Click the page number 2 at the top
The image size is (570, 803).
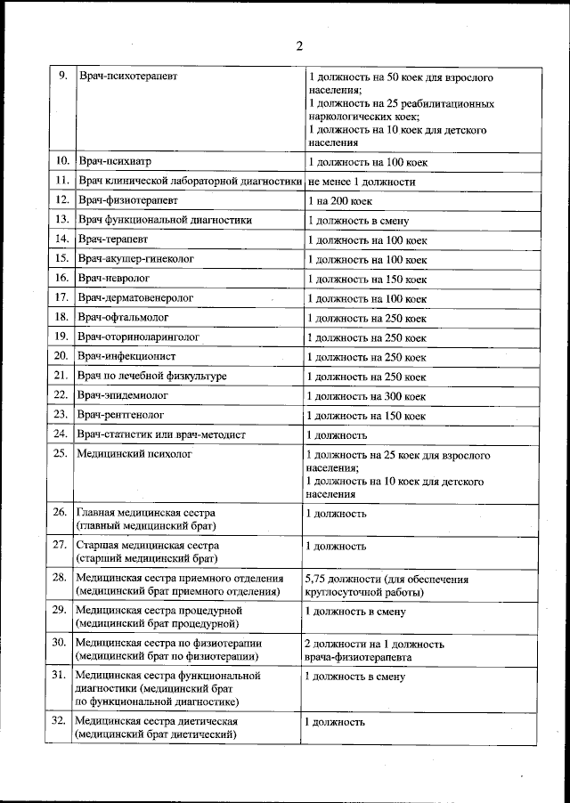coord(299,46)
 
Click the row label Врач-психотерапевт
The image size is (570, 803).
coord(127,77)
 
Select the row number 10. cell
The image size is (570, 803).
coord(61,162)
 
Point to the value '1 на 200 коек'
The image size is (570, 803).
coord(339,201)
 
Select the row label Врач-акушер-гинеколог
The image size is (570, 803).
coord(135,258)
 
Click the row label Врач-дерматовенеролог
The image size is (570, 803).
coord(135,297)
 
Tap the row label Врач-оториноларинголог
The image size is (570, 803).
coord(138,337)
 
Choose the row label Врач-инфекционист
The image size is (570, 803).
coord(127,356)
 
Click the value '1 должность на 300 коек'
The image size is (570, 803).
coord(366,396)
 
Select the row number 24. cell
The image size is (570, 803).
coord(61,434)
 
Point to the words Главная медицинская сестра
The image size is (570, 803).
coord(145,514)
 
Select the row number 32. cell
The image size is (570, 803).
coord(60,721)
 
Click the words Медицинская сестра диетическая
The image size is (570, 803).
coord(156,721)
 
